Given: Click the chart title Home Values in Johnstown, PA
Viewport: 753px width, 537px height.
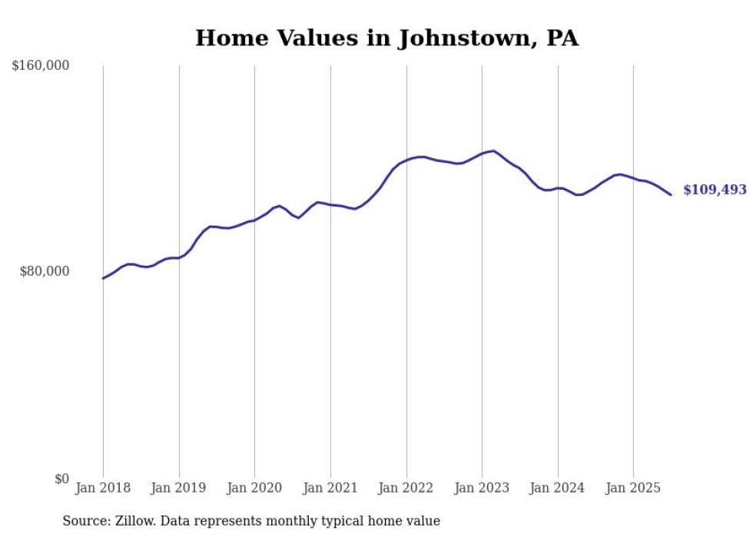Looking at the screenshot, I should click(386, 38).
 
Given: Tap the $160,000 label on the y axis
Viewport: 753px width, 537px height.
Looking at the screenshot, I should click(41, 66).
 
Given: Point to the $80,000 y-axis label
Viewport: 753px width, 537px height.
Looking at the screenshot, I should click(44, 271).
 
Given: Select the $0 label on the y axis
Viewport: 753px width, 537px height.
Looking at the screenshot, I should click(61, 479).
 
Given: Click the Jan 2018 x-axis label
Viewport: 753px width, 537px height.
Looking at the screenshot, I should click(103, 488).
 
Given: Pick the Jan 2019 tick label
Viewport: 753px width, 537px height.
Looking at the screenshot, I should click(179, 488).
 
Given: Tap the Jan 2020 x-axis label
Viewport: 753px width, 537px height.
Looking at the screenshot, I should click(254, 488).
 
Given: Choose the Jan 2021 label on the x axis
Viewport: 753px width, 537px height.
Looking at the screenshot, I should click(330, 488).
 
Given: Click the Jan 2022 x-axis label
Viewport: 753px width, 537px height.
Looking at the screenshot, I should click(406, 488).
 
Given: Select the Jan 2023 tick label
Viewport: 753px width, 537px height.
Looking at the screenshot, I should click(482, 488).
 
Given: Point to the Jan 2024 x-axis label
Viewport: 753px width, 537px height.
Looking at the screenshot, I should click(558, 488).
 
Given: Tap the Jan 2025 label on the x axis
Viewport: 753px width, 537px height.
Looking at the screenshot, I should click(633, 488).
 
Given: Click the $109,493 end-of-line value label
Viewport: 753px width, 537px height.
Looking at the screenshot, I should click(714, 190).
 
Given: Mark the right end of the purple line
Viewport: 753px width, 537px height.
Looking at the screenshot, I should click(672, 194).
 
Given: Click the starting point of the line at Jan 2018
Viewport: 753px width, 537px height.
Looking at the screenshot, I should click(103, 278).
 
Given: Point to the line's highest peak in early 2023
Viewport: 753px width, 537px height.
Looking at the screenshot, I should click(493, 151).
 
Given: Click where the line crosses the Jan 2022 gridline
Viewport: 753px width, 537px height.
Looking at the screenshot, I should click(406, 160).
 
